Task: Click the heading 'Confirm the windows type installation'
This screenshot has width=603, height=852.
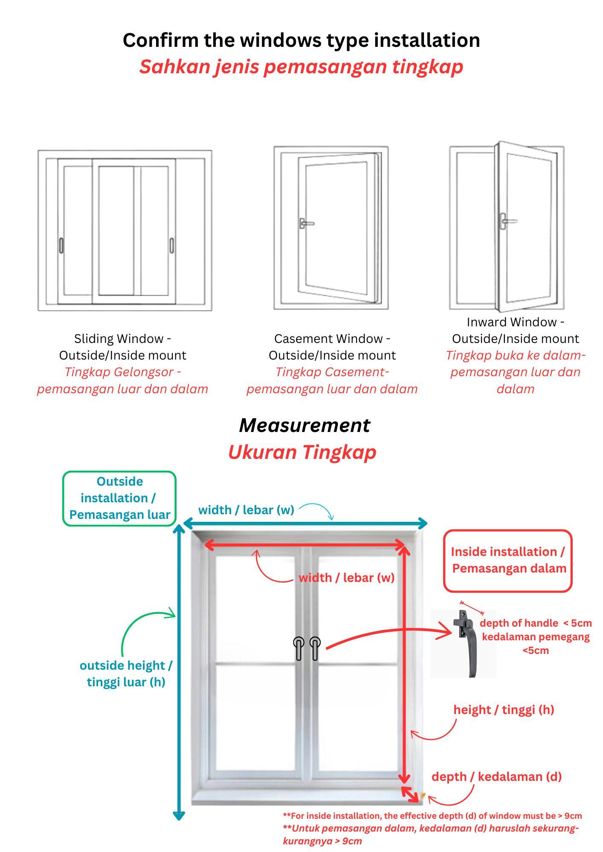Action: tap(301, 40)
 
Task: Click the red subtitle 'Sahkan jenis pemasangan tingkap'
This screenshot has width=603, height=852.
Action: tap(301, 66)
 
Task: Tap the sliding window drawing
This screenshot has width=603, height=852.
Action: tap(125, 230)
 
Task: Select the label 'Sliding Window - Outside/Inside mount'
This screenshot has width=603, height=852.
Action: tap(122, 347)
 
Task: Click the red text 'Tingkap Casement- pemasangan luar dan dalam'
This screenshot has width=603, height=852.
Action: tap(332, 380)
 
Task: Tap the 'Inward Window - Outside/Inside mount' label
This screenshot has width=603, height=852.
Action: tap(515, 330)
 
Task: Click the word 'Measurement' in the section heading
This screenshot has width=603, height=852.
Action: tap(304, 425)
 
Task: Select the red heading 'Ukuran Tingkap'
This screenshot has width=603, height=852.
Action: tap(302, 452)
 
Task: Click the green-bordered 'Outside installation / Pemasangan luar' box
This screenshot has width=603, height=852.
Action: tap(119, 498)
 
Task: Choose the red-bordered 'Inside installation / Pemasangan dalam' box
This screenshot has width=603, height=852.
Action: tap(508, 560)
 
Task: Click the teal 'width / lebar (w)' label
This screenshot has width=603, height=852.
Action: tap(246, 510)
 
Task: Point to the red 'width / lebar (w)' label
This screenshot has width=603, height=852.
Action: tap(346, 578)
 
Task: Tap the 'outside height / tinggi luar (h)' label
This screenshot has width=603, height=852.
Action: tap(126, 674)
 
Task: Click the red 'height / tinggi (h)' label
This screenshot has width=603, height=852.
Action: tap(504, 710)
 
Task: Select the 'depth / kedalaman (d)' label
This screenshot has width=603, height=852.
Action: tap(496, 777)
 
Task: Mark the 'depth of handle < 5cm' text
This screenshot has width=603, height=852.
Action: tap(536, 623)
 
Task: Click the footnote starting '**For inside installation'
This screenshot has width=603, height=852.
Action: tap(432, 816)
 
